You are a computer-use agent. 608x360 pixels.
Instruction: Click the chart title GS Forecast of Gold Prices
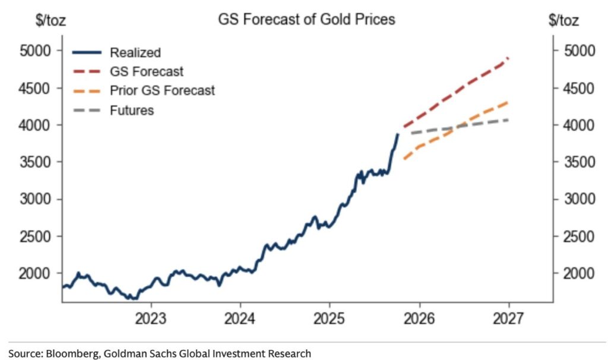(306, 19)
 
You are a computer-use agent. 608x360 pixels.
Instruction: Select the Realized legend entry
(135, 52)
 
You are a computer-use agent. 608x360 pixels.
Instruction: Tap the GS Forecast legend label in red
(147, 71)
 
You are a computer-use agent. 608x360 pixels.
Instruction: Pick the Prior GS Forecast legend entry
(162, 90)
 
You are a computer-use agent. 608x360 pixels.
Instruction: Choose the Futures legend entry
(132, 110)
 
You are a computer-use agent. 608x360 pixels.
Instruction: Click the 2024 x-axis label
(240, 318)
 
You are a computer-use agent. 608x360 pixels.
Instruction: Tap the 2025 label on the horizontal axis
(330, 318)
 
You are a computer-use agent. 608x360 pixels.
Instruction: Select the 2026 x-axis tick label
(419, 318)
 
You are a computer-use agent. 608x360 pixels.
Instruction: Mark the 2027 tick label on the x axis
(509, 318)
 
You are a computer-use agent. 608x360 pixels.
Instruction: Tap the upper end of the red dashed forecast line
(509, 58)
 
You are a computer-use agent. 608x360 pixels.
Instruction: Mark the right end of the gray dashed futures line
(509, 120)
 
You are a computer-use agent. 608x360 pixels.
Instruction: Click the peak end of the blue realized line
(398, 134)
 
